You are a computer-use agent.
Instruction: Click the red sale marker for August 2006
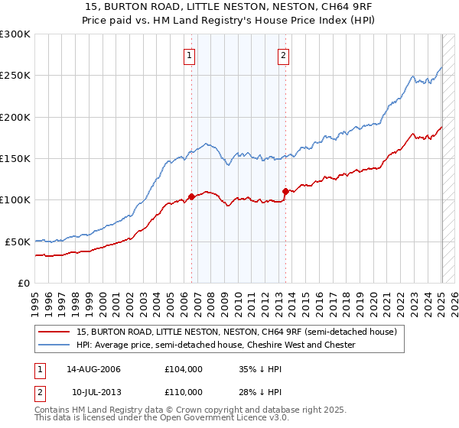click(191, 196)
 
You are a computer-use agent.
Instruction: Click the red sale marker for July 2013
click(285, 191)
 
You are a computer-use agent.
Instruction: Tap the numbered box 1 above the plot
click(189, 55)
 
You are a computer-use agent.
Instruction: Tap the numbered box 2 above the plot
click(283, 55)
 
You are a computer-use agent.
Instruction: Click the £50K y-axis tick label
click(18, 242)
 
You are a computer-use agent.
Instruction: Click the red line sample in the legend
click(54, 332)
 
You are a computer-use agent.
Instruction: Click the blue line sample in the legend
click(54, 345)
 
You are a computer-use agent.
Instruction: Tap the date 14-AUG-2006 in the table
click(94, 369)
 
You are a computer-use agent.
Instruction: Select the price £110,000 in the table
click(184, 392)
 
